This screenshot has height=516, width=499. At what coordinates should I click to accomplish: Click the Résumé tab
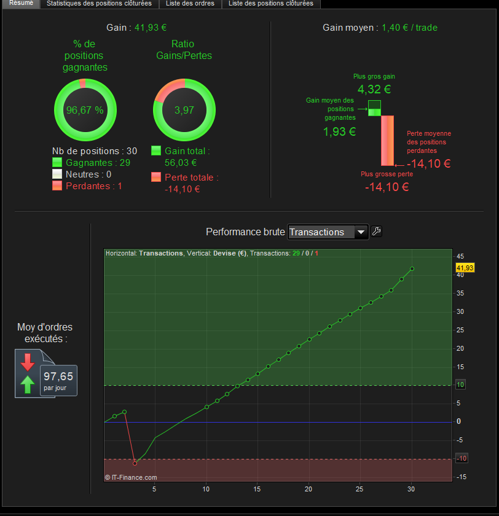(x=21, y=4)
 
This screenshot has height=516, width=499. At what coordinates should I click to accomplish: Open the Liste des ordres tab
(x=190, y=4)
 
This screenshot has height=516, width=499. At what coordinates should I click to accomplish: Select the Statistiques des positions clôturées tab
(x=99, y=4)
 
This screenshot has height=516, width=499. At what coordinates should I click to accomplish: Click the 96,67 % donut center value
(x=85, y=111)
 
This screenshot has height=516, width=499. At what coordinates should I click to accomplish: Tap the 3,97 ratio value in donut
(x=184, y=111)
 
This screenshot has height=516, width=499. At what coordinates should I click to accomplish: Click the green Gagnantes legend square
(x=58, y=163)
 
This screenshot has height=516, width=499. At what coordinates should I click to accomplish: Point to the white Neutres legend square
(x=58, y=174)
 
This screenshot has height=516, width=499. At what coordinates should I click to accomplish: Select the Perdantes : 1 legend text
(x=94, y=186)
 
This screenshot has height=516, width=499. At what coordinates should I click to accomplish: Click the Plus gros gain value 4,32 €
(x=374, y=90)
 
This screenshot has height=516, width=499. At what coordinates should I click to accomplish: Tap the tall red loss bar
(x=387, y=140)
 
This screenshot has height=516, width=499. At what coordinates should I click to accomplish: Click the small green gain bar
(x=375, y=108)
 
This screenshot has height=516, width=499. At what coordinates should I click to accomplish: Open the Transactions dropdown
(x=328, y=232)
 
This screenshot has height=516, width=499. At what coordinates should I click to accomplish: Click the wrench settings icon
(x=377, y=232)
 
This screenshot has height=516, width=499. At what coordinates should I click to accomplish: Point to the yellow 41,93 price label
(x=465, y=268)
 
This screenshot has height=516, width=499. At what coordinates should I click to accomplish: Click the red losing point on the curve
(x=135, y=463)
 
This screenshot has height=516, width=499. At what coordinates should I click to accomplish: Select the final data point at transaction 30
(x=412, y=268)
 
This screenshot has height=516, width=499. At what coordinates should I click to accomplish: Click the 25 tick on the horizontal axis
(x=360, y=489)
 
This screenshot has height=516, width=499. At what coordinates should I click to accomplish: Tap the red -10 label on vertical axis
(x=462, y=459)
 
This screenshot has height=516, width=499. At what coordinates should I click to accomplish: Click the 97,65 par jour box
(x=58, y=381)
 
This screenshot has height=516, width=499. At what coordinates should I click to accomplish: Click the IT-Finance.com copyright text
(x=131, y=477)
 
